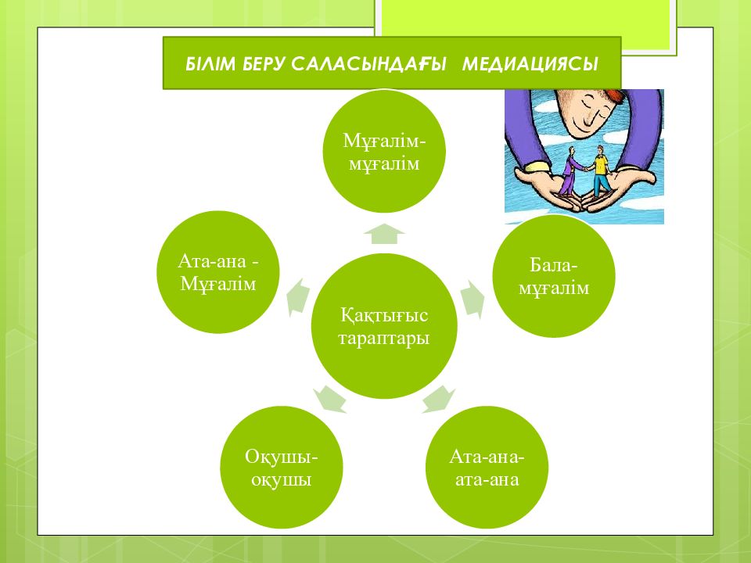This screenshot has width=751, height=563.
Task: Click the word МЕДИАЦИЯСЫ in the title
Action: [530, 63]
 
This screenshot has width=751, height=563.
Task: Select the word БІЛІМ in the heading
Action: [210, 63]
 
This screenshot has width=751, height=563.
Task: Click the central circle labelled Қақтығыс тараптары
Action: [384, 326]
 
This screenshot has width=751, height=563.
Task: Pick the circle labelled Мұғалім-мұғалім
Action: [384, 151]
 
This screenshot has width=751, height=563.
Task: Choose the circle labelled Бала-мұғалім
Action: [554, 276]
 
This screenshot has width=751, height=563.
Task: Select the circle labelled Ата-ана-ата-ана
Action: [487, 468]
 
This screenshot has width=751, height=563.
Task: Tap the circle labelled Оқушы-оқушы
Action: [282, 468]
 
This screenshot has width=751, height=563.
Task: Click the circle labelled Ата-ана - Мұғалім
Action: [218, 272]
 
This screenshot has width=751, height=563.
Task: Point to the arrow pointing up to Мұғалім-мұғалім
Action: [384, 234]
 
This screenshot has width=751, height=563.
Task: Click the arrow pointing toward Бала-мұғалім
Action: [473, 299]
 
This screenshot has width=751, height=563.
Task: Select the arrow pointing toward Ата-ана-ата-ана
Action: [438, 400]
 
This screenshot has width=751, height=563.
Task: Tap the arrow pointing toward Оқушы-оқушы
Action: [330, 400]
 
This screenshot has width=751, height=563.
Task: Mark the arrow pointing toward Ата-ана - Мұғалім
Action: [298, 297]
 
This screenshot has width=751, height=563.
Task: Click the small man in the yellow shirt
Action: [600, 171]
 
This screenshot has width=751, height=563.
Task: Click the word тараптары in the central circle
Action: [384, 338]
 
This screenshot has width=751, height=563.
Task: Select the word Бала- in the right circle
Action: [554, 265]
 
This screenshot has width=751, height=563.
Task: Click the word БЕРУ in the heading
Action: [264, 63]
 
